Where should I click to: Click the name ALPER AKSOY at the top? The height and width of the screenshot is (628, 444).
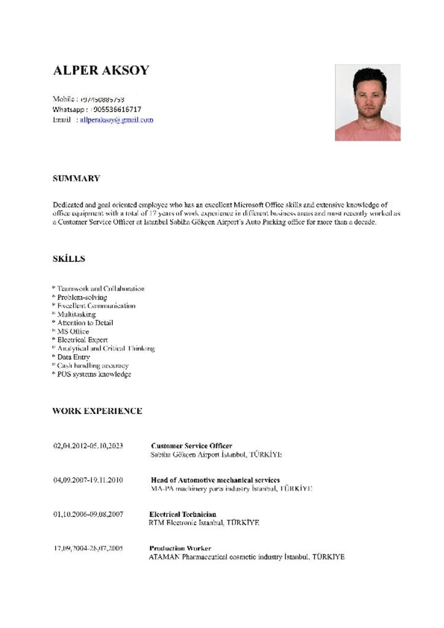click(x=101, y=70)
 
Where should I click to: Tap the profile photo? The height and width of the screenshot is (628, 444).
click(x=367, y=102)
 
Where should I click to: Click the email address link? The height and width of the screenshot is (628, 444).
click(x=117, y=120)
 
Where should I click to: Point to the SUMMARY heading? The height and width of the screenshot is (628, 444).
click(x=76, y=178)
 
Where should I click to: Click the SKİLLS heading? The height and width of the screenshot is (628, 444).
click(x=69, y=259)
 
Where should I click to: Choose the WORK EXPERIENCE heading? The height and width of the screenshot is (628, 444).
click(x=97, y=411)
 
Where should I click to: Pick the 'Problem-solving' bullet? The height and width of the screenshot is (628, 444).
click(x=82, y=297)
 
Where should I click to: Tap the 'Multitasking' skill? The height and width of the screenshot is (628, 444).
click(x=77, y=315)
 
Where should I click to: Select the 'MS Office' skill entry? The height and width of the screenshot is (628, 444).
click(x=73, y=332)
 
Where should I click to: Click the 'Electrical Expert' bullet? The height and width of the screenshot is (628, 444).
click(x=82, y=340)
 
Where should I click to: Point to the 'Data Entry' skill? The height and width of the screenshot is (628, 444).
click(x=74, y=357)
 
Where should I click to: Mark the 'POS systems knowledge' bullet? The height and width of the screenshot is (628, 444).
click(x=94, y=374)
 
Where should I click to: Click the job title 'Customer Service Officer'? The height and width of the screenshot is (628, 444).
click(x=191, y=446)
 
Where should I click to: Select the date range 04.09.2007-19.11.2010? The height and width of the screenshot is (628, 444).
click(x=88, y=480)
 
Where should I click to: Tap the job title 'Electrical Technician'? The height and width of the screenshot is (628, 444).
click(x=183, y=514)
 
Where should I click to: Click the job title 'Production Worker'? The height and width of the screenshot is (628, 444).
click(x=180, y=548)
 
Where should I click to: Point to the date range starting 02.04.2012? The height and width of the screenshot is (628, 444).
click(x=88, y=446)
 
